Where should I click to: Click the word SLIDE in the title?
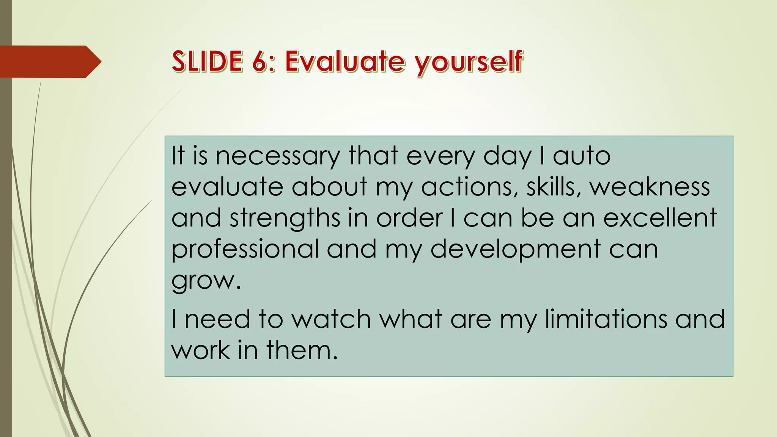tap(207, 61)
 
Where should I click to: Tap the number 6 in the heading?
tap(260, 61)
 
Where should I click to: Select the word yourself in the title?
tap(469, 63)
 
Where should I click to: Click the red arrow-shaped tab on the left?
tap(49, 61)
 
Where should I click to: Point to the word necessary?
tap(278, 156)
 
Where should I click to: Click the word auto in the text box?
tap(582, 156)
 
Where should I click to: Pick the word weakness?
tap(650, 187)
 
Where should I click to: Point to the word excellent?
tap(660, 218)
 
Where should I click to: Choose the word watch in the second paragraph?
tap(331, 319)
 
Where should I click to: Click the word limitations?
tap(606, 318)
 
